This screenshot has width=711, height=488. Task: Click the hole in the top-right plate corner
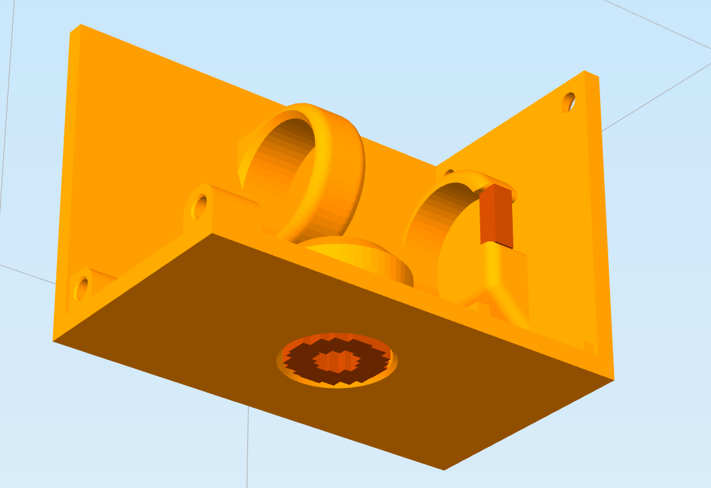tap(568, 102)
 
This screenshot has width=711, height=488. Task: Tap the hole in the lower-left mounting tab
tap(82, 288)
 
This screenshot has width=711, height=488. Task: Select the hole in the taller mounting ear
tap(199, 207)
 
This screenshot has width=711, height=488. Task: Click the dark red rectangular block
tap(497, 215)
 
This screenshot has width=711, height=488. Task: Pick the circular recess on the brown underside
tap(337, 360)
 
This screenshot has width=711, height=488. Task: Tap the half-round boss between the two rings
tap(358, 255)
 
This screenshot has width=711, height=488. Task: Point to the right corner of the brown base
tap(613, 380)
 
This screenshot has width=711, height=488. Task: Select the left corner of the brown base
tap(54, 341)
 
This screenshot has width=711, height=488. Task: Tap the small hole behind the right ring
tap(449, 174)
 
